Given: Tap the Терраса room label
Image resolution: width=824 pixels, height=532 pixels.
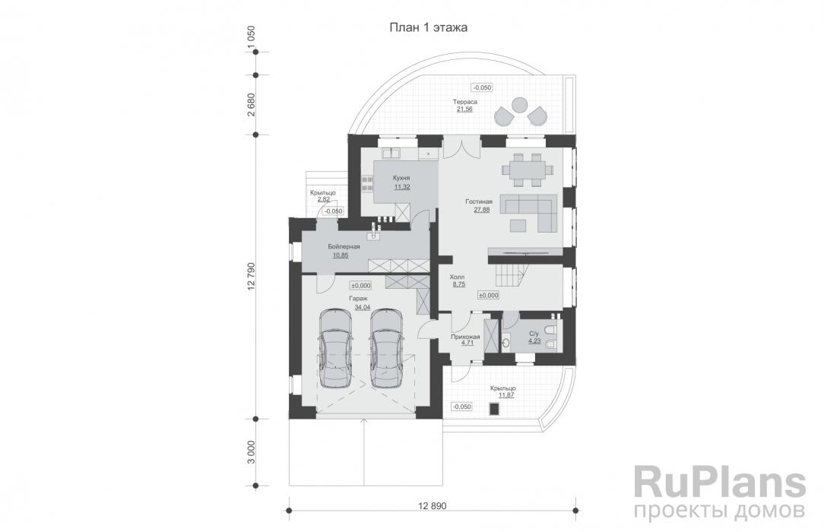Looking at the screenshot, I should tap(465, 101).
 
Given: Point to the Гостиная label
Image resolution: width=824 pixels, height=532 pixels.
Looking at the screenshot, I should tap(480, 201).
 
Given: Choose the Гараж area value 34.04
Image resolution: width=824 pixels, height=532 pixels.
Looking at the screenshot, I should tap(363, 308).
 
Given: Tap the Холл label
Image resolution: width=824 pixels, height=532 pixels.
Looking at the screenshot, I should tap(458, 277).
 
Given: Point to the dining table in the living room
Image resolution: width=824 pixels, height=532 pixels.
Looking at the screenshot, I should tap(525, 168).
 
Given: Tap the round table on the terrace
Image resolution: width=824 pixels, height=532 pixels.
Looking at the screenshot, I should tap(521, 104).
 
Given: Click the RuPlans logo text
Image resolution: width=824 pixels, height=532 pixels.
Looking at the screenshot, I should tap(719, 483).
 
